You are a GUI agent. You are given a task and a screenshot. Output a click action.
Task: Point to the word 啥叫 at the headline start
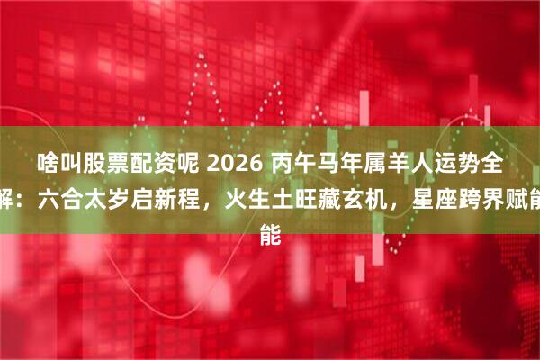pos(56,165)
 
